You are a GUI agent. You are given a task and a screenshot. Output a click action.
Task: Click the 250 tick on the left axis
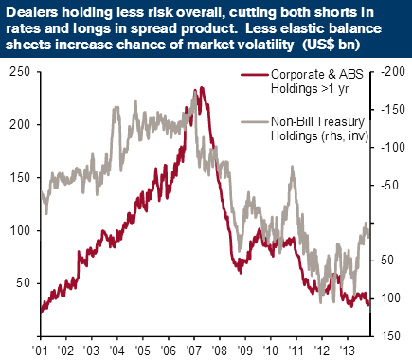(x=20, y=72)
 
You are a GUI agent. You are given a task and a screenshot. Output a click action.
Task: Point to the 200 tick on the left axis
(x=20, y=125)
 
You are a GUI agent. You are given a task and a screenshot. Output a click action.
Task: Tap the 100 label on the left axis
(x=20, y=230)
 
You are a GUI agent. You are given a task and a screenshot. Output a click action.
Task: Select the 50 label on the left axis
(x=24, y=283)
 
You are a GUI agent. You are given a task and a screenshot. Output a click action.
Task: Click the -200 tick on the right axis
(x=393, y=72)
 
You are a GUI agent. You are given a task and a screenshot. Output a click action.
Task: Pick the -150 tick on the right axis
(x=393, y=110)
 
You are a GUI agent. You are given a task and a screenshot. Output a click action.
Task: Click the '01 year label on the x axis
(x=41, y=351)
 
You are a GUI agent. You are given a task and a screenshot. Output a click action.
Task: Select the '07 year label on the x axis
(x=194, y=351)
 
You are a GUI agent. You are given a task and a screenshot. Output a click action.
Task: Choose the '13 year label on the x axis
(x=348, y=351)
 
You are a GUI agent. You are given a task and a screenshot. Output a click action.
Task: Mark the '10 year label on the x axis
(x=271, y=351)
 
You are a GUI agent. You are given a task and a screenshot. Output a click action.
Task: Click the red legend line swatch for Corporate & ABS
(x=255, y=75)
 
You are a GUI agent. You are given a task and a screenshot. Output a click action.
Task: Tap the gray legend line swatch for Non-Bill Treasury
(x=255, y=122)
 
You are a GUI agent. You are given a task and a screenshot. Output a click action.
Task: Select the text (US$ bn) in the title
(x=331, y=45)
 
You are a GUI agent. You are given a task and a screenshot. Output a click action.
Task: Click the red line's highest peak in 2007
(x=202, y=88)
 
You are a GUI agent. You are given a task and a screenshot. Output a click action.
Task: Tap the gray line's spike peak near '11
(x=292, y=167)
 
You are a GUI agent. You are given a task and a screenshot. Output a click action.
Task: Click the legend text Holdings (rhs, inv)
(x=319, y=136)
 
